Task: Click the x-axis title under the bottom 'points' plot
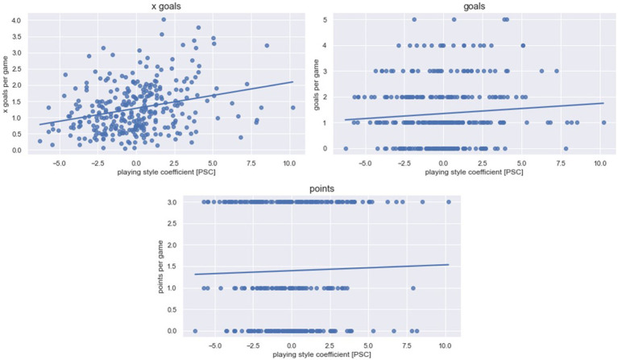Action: pos(321,354)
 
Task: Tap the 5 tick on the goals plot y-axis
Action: pos(333,19)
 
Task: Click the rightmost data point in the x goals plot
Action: pos(292,107)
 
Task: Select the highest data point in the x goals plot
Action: pos(164,19)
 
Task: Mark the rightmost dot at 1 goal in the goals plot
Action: pos(603,122)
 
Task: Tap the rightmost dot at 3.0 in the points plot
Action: pos(448,202)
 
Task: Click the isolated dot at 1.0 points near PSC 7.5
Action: pos(413,288)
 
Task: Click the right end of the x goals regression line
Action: pos(292,81)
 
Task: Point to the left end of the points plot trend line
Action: pos(196,275)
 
